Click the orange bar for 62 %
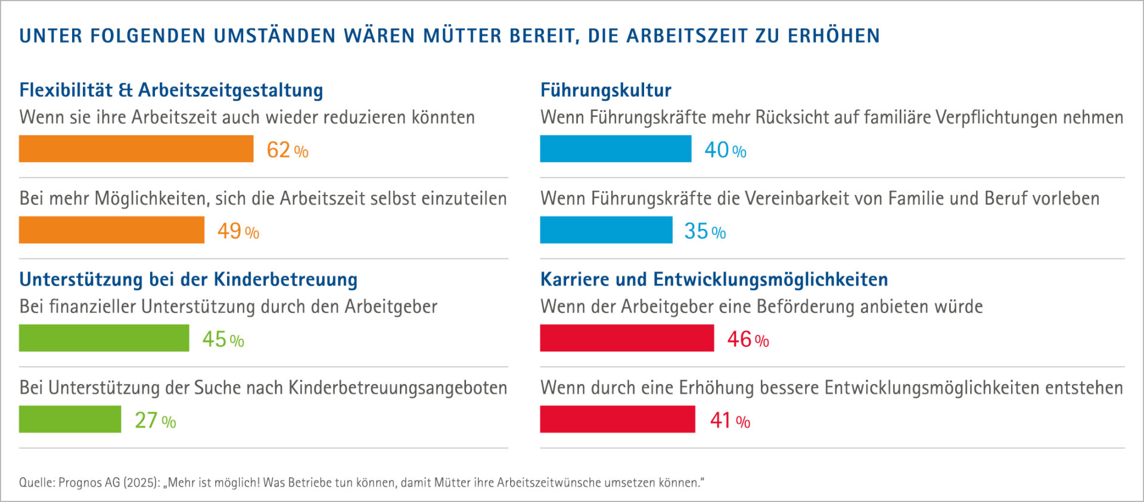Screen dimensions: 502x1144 click(x=136, y=148)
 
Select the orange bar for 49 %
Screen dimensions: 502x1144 click(x=111, y=230)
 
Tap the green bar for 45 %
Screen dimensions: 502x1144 click(x=104, y=338)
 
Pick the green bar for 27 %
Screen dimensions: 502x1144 click(x=70, y=419)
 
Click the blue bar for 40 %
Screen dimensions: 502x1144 click(x=615, y=148)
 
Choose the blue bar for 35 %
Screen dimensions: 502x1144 click(x=606, y=230)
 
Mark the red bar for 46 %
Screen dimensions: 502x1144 click(x=627, y=338)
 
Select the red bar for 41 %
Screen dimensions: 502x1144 click(x=617, y=419)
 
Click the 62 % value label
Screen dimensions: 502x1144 click(x=287, y=150)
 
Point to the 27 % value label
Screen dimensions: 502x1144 click(x=155, y=420)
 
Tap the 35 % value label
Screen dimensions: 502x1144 click(x=705, y=231)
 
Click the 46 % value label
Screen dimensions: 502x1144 click(x=748, y=339)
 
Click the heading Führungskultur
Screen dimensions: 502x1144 click(x=605, y=90)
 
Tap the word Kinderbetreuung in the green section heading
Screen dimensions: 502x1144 click(x=285, y=279)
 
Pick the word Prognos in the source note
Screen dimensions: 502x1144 click(x=80, y=482)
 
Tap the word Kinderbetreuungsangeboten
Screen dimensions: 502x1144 click(x=397, y=388)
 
